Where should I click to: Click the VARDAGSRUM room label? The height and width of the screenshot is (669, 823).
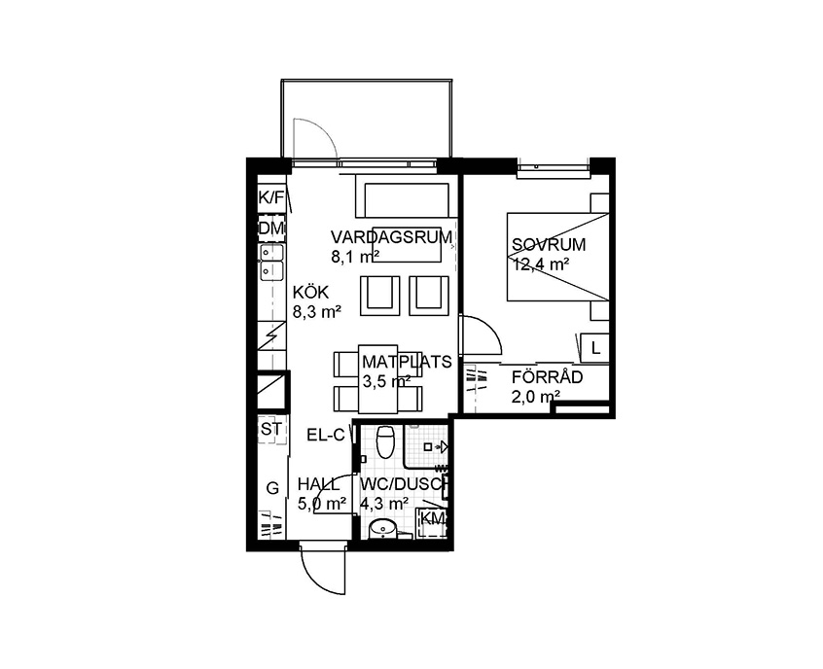click(391, 237)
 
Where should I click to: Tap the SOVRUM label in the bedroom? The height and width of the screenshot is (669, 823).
click(549, 244)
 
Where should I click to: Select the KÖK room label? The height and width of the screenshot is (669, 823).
click(310, 292)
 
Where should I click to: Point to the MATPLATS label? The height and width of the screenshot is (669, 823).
click(407, 362)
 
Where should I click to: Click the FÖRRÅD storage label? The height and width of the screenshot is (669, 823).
click(548, 377)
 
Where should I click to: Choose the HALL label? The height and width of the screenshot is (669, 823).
click(319, 484)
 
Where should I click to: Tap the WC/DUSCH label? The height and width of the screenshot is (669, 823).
click(403, 484)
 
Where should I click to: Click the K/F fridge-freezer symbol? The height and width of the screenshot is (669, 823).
click(271, 197)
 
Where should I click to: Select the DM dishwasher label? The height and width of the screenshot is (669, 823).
click(271, 229)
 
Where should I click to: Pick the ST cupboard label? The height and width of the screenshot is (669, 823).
click(271, 429)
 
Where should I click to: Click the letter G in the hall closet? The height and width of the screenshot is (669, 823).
click(272, 488)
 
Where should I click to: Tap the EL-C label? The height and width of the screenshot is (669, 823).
click(326, 435)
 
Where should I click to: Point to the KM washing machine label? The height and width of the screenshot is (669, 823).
click(434, 518)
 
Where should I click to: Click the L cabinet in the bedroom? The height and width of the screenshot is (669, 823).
click(595, 348)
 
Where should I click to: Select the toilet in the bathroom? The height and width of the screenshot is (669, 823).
click(386, 441)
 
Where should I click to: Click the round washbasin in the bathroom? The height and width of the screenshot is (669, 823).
click(382, 528)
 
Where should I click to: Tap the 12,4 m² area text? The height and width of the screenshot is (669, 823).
click(542, 264)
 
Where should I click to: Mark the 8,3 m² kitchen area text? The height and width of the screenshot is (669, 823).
click(317, 312)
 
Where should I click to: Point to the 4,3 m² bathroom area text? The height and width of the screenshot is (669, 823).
click(384, 504)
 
